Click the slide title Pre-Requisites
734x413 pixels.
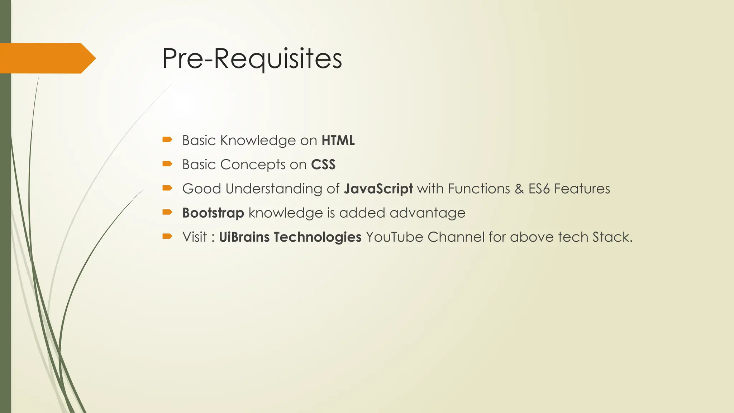point(252,58)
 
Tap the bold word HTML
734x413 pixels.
point(338,140)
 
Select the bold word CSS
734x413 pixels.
point(323,165)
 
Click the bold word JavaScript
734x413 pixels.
point(378,189)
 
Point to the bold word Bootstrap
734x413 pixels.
point(213,213)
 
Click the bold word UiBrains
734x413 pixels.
point(244,237)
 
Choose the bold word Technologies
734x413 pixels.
point(317,237)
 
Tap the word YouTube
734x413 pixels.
point(394,237)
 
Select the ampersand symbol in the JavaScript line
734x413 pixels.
point(519,189)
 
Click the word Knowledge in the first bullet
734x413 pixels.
point(258,140)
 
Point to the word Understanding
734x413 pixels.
point(274,189)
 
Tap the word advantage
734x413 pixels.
point(427,213)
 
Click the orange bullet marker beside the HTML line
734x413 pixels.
point(167,139)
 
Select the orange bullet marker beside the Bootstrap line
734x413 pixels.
point(167,212)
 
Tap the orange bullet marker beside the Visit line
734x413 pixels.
point(167,236)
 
